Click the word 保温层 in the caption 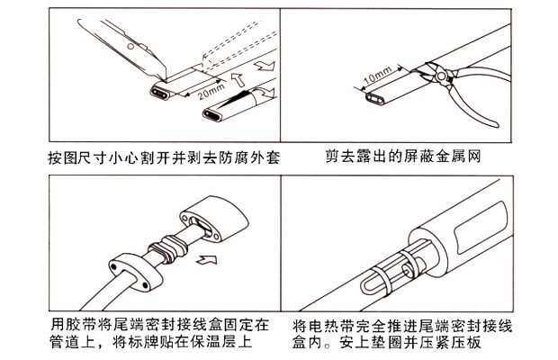click(225, 342)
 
